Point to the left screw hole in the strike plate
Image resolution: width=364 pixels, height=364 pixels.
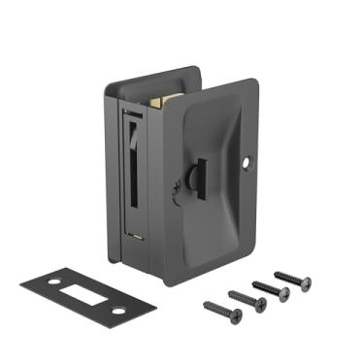(38, 282)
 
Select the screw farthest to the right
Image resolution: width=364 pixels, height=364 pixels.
(292, 280)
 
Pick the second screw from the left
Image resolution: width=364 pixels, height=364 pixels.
(247, 299)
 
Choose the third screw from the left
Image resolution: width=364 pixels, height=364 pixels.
(270, 289)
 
